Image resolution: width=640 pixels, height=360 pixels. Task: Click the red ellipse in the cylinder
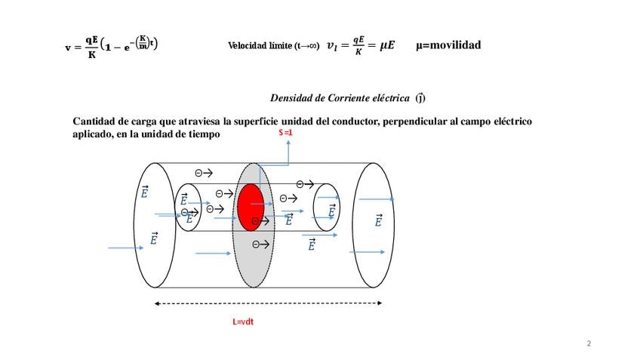click(x=251, y=206)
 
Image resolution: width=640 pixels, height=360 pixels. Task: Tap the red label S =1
click(x=285, y=134)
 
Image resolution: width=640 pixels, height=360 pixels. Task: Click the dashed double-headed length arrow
click(x=268, y=303)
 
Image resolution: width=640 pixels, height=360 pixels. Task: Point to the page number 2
click(x=589, y=344)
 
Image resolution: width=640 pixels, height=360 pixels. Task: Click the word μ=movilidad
click(x=448, y=45)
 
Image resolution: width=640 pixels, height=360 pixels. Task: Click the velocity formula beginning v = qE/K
click(x=111, y=46)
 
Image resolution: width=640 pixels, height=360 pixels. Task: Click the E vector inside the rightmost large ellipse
click(x=378, y=220)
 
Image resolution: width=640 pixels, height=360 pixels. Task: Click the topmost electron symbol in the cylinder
click(x=203, y=173)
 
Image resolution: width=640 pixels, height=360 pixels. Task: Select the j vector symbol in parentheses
click(x=420, y=97)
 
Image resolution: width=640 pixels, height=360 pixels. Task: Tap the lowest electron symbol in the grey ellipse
click(x=260, y=244)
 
